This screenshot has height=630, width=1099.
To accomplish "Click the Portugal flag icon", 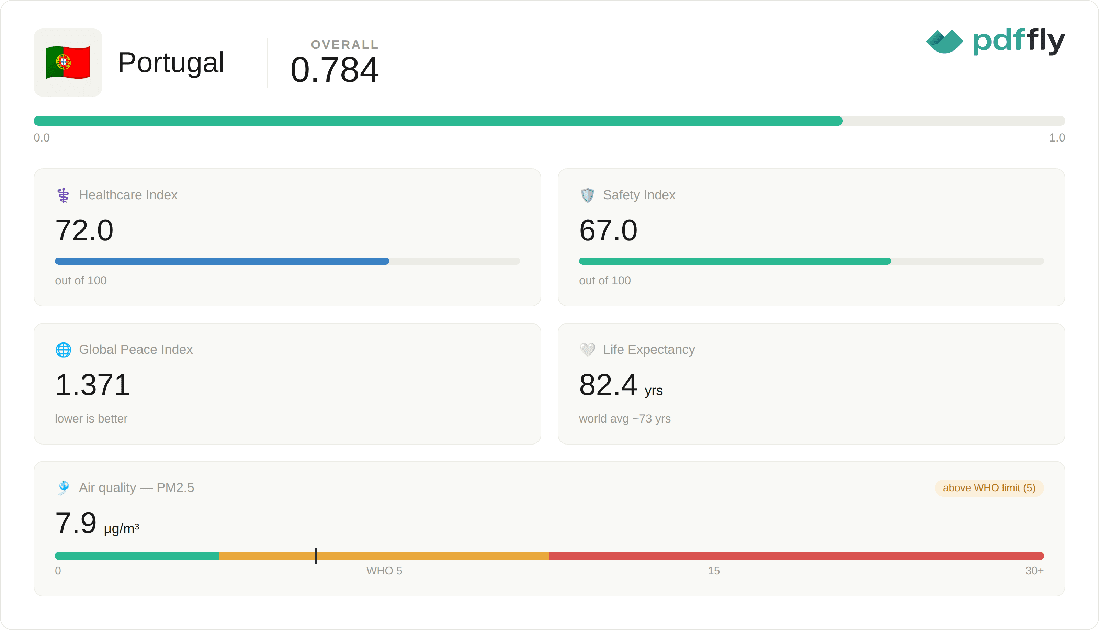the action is point(68,62).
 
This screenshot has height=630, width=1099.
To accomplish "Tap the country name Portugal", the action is point(171,62).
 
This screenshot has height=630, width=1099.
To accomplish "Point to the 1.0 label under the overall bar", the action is point(1057,138).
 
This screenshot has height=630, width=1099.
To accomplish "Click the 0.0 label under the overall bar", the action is point(42,138).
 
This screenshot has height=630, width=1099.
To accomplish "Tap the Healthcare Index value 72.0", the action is point(84,230).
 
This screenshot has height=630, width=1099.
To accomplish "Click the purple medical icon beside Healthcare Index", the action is point(63,195).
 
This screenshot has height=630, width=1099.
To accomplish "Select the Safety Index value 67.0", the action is point(608,230).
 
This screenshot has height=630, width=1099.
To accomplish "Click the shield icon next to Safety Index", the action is point(587,195).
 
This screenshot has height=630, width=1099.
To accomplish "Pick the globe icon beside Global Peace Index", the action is point(64,350).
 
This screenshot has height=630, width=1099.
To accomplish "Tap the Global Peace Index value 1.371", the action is point(93,385).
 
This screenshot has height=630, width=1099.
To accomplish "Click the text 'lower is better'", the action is point(91,418).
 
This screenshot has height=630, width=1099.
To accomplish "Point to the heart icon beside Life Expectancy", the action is point(587,350).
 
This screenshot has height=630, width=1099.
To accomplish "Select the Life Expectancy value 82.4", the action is point(608,385).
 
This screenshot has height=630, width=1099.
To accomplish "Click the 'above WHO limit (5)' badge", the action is point(989,488).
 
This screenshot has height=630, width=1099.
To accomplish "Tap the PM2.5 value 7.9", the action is point(76,523).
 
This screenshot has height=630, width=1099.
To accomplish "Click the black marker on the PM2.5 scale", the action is point(316,555).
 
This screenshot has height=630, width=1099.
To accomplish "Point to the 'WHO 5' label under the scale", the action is point(384,571).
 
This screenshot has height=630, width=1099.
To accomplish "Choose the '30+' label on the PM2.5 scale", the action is point(1034,571).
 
